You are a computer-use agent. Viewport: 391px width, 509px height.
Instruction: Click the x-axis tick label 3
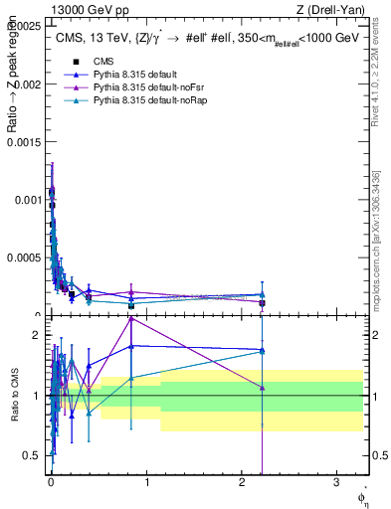[x=336, y=481]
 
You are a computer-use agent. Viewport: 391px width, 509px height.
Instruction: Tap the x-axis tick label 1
[x=146, y=481]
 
